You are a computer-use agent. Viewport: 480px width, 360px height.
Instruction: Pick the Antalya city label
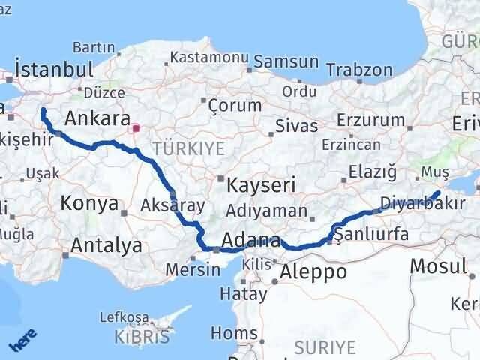click(x=106, y=244)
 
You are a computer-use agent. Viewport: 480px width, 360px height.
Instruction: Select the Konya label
click(x=89, y=203)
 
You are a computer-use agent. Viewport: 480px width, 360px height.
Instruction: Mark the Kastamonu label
click(x=209, y=57)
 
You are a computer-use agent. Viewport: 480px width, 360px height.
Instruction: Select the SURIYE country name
click(x=324, y=346)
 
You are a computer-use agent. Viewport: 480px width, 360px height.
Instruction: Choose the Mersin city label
click(x=189, y=268)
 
